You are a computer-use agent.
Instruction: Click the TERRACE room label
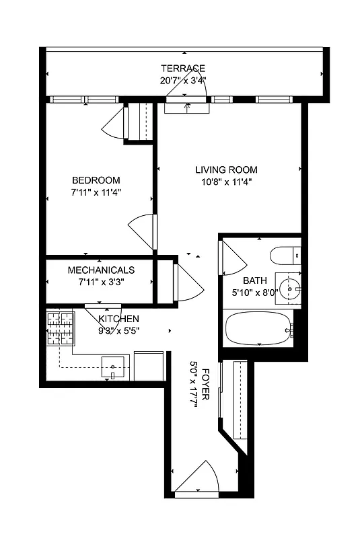182,68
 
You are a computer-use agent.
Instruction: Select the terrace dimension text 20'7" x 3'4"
182,79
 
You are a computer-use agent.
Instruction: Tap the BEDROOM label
96,180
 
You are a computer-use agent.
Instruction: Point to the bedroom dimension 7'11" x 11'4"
96,192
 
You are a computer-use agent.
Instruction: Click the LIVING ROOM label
226,170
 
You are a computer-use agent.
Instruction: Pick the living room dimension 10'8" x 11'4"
226,182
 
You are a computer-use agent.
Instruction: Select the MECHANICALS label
101,270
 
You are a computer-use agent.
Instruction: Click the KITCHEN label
119,319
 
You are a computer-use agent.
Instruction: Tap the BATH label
255,280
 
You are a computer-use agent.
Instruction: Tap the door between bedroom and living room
143,231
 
